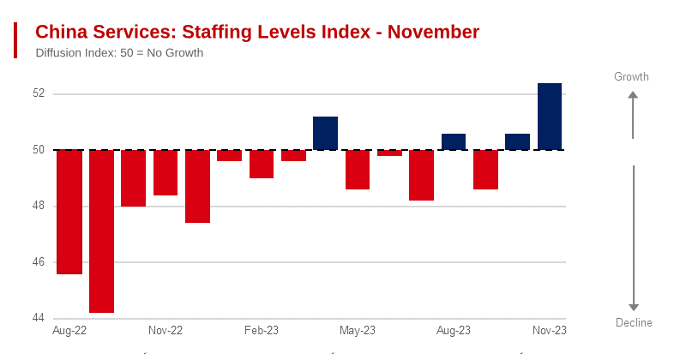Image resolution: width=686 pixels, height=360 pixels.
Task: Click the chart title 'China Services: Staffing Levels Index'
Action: coord(256,33)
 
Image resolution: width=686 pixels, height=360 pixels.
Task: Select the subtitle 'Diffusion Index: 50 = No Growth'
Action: coord(119,53)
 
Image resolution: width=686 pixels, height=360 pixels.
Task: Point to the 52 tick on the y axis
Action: coord(39,93)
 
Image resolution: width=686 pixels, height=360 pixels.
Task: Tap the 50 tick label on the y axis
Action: coord(39,150)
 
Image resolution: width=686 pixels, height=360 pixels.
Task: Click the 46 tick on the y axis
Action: coord(39,262)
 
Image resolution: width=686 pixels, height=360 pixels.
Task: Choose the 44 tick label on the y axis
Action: coord(39,318)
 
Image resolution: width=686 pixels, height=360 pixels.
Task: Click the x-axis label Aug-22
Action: coord(69,330)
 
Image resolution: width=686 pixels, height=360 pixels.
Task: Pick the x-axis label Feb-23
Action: coord(262,330)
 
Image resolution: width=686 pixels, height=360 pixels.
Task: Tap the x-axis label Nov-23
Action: coord(550,330)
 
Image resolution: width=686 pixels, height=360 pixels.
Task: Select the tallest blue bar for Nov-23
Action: coord(550,117)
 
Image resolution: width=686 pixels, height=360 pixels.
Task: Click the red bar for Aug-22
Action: coord(69,212)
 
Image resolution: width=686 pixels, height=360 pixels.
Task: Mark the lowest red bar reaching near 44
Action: coord(101,231)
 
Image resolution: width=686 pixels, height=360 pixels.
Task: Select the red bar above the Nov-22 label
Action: coord(165,172)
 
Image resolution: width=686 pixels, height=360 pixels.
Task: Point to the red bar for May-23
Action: coord(358,170)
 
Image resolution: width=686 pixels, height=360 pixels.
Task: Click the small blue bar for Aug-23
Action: coord(454,141)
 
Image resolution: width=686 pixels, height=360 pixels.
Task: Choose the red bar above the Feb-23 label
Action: coord(262,164)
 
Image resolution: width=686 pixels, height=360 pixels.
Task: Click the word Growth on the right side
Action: coord(631,77)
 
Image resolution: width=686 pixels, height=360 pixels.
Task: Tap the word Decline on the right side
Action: coord(634,323)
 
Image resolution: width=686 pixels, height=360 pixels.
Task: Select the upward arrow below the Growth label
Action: coord(633,116)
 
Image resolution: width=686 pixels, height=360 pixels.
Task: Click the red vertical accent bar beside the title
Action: coord(15,40)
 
